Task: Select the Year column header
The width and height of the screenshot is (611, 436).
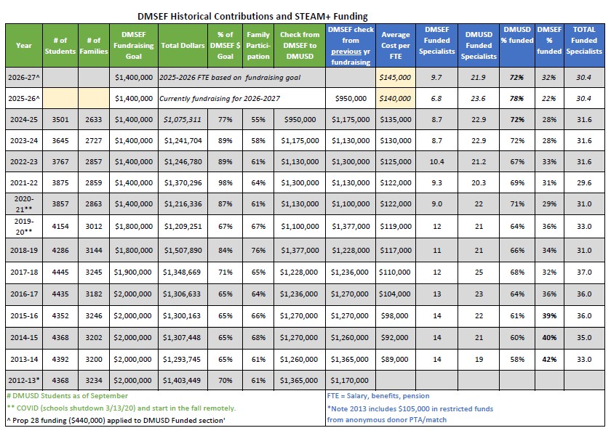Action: coord(24,46)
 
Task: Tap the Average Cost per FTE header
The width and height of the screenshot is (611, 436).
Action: coord(396,46)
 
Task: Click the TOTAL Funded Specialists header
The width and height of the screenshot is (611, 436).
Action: coord(583,41)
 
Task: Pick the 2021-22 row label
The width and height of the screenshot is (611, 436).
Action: coord(24,182)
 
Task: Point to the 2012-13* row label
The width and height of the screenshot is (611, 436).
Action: coord(24,380)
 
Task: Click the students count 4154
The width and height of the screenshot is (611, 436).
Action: coord(60,226)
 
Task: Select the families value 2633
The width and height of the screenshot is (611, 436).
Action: coord(94,119)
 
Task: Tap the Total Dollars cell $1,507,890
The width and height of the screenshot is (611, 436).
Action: coord(183,250)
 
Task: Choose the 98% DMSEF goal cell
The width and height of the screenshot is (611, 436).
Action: coord(225,182)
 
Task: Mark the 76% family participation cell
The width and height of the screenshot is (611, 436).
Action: coord(258,250)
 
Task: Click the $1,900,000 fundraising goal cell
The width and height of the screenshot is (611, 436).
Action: coord(132,272)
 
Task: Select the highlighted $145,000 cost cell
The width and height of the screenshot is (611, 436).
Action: coord(395,78)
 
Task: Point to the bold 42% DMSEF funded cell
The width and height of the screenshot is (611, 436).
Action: coord(549,359)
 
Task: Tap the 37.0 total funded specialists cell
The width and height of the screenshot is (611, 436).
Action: coord(584,272)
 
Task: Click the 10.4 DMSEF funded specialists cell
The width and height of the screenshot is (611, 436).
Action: coord(437,161)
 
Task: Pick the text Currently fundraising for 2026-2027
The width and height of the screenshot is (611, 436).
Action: coord(220,99)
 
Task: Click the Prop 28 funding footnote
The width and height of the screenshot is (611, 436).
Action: coord(116,421)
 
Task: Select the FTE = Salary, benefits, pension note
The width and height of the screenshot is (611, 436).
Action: coord(378,396)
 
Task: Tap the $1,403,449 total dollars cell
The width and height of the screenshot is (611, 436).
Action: coord(183,380)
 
